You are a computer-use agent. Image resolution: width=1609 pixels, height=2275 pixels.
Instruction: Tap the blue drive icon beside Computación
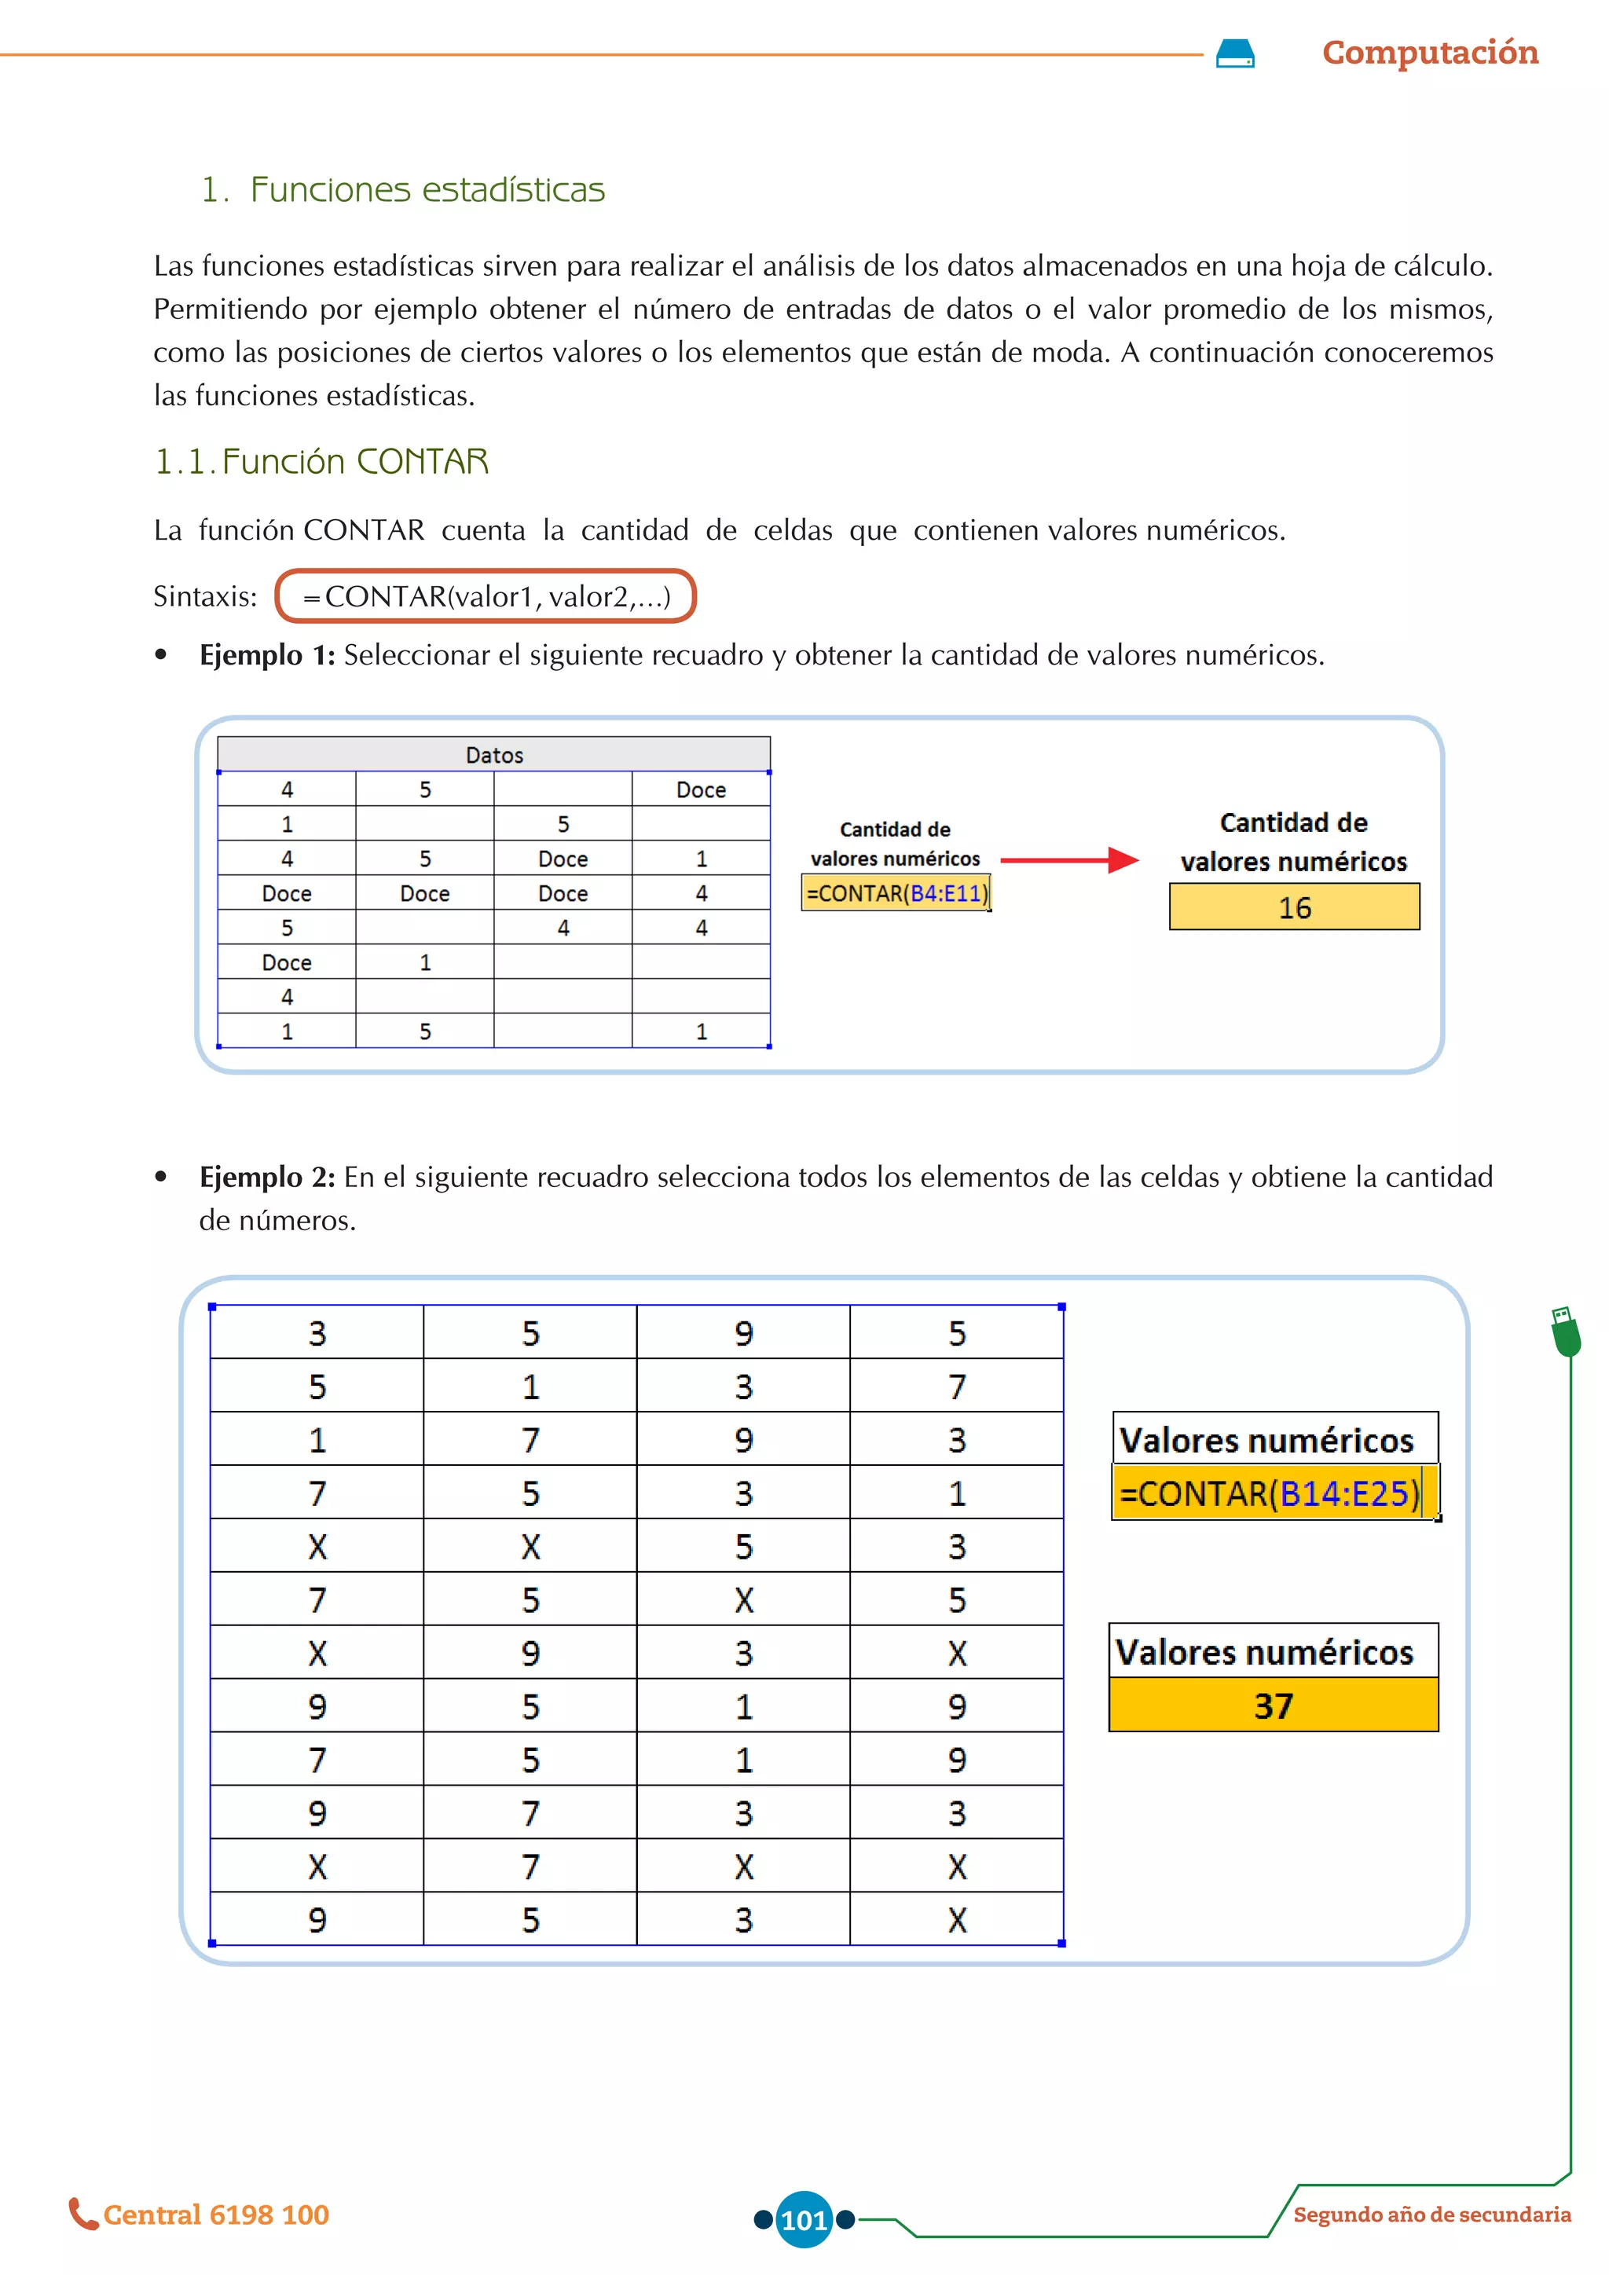(x=1234, y=53)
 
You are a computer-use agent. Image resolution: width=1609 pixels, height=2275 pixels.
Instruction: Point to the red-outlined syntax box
(x=486, y=596)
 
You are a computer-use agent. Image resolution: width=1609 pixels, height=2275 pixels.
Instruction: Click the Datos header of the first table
(x=493, y=755)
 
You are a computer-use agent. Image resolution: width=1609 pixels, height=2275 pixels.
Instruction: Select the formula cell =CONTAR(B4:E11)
(x=896, y=894)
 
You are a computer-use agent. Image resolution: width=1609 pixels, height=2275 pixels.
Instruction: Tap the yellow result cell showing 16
(x=1293, y=907)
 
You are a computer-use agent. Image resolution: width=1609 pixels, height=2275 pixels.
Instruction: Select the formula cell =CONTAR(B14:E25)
(x=1272, y=1493)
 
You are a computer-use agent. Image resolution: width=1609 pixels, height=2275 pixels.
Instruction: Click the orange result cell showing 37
(x=1272, y=1706)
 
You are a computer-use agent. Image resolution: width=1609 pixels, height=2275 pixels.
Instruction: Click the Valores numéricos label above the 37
(x=1264, y=1652)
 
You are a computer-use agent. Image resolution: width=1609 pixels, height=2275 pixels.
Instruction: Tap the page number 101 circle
(x=804, y=2219)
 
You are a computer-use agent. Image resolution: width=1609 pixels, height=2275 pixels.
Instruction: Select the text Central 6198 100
(x=216, y=2215)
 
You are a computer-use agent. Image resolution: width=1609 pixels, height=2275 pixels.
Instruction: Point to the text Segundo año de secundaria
(x=1431, y=2215)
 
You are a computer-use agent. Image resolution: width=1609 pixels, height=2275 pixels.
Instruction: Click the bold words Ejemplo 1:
(x=266, y=655)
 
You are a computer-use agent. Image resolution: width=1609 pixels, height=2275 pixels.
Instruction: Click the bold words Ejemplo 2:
(x=266, y=1177)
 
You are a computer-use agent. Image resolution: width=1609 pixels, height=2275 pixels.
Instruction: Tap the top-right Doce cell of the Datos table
(x=701, y=789)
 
